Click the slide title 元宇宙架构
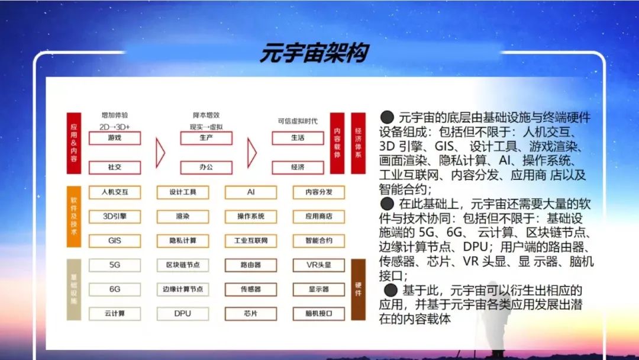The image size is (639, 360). click(x=314, y=53)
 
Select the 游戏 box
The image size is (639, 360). click(x=115, y=138)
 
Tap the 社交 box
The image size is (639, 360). click(x=115, y=168)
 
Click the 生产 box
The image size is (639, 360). click(x=206, y=138)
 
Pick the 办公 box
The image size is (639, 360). click(x=206, y=168)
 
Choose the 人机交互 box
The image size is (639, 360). click(x=115, y=192)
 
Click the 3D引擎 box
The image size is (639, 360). click(x=115, y=217)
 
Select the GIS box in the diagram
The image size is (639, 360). click(x=115, y=241)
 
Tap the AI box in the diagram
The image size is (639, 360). click(x=251, y=192)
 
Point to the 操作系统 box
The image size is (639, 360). click(x=251, y=217)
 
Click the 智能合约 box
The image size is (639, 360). click(x=319, y=241)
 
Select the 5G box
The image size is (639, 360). click(x=115, y=265)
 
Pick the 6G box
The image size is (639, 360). click(x=115, y=290)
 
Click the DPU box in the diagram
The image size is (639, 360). click(x=183, y=314)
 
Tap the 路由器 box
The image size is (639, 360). click(x=251, y=265)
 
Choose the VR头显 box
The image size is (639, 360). click(x=319, y=265)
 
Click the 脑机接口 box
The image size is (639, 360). click(x=319, y=314)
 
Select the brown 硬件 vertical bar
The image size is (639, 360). click(x=359, y=290)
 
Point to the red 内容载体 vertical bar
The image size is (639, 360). click(x=337, y=143)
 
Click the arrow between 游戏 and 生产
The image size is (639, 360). click(x=160, y=153)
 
